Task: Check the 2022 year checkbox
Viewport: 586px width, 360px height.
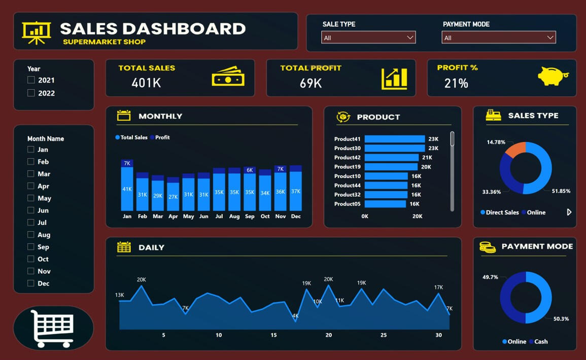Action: tap(31, 93)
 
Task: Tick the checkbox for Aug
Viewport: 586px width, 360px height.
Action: tap(31, 235)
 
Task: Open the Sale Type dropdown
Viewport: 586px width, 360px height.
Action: tap(368, 38)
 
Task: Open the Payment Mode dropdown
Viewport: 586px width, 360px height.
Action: tap(498, 38)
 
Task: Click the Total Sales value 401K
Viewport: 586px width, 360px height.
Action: tap(146, 83)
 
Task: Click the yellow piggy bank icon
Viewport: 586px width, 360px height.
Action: tap(553, 77)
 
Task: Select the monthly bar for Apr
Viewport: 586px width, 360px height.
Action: tap(173, 196)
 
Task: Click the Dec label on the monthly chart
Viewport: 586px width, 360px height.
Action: tap(296, 217)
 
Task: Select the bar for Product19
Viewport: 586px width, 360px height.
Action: tap(391, 167)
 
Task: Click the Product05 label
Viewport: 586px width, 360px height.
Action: tap(348, 204)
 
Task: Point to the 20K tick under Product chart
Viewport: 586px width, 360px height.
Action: tap(417, 217)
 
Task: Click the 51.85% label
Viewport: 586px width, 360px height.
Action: tap(561, 191)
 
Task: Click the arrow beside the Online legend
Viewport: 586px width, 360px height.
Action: tap(569, 212)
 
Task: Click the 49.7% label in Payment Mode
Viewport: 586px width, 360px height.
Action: tap(490, 277)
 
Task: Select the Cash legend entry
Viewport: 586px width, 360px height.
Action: tap(538, 342)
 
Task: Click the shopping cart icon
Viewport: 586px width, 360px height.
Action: tap(53, 328)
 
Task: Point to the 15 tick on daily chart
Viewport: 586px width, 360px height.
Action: tap(273, 335)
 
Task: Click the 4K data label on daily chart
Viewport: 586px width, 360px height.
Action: tap(295, 316)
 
